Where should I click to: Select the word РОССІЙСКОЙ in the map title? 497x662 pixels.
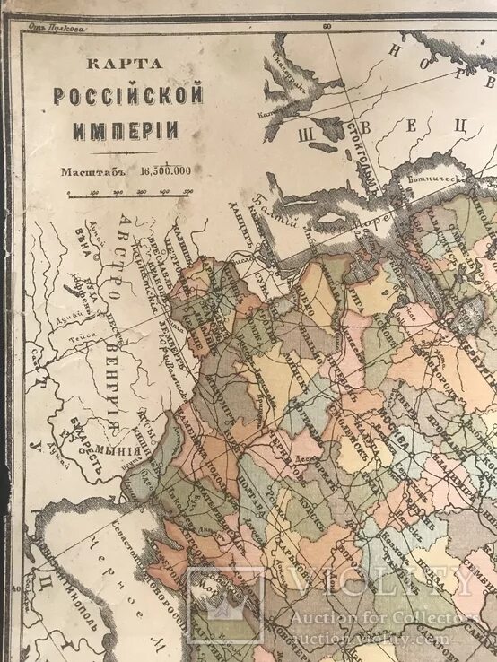pyautogui.click(x=128, y=95)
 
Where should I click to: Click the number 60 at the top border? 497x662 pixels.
pyautogui.click(x=327, y=27)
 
